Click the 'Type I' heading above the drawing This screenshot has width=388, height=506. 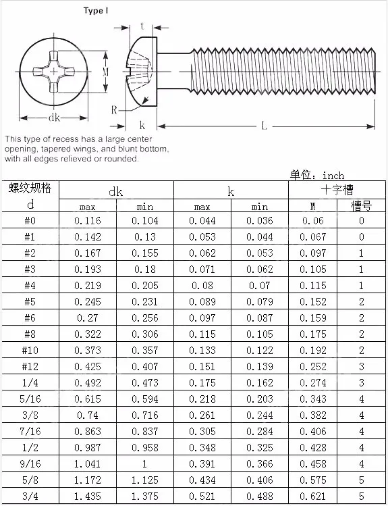point(96,11)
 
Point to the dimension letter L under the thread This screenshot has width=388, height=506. point(265,126)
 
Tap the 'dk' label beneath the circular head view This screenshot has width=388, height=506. point(54,118)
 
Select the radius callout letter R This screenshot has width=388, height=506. point(114,110)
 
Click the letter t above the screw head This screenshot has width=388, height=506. point(142,26)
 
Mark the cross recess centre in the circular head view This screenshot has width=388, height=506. point(54,72)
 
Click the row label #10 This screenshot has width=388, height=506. point(30,350)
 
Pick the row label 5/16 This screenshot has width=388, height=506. point(30,399)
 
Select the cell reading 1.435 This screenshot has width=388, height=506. point(87,496)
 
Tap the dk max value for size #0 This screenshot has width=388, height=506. point(87,221)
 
